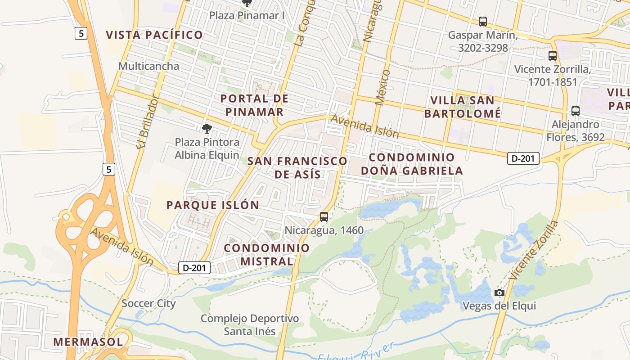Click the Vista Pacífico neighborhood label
click(x=154, y=35)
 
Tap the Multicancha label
click(x=148, y=66)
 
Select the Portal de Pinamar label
click(x=254, y=105)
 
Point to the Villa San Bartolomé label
click(x=462, y=107)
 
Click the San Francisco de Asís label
click(x=297, y=167)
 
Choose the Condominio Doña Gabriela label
click(x=412, y=164)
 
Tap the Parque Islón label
click(x=213, y=205)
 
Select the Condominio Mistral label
click(x=267, y=254)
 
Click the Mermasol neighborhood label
click(x=88, y=342)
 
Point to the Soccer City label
click(x=148, y=303)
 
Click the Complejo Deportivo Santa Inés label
click(x=250, y=325)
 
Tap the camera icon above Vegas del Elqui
click(x=499, y=293)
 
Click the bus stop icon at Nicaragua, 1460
click(x=324, y=217)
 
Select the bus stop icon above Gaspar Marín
click(x=483, y=21)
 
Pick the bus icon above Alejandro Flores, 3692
click(x=575, y=111)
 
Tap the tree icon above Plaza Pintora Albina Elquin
click(x=207, y=129)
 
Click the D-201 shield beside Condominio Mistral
click(x=194, y=268)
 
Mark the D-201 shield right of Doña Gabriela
click(x=523, y=158)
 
